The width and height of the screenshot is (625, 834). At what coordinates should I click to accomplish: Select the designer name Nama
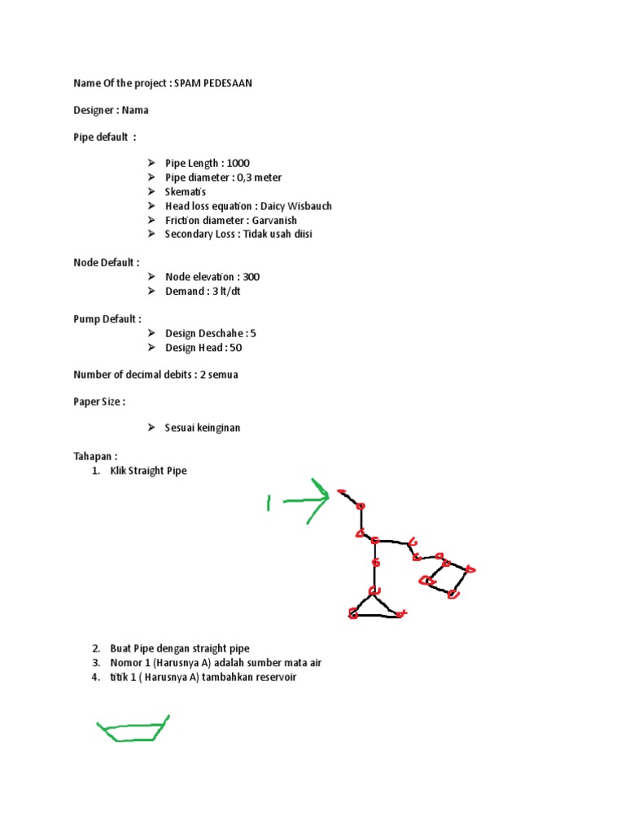pos(136,110)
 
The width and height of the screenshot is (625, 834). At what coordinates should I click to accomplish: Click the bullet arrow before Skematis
pos(152,192)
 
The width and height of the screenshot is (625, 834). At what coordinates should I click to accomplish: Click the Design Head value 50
pos(236,348)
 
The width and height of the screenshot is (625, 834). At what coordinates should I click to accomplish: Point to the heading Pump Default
pos(107,319)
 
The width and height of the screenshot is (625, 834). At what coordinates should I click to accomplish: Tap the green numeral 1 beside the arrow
pos(269,503)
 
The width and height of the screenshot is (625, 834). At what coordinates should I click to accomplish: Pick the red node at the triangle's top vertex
pos(374,591)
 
